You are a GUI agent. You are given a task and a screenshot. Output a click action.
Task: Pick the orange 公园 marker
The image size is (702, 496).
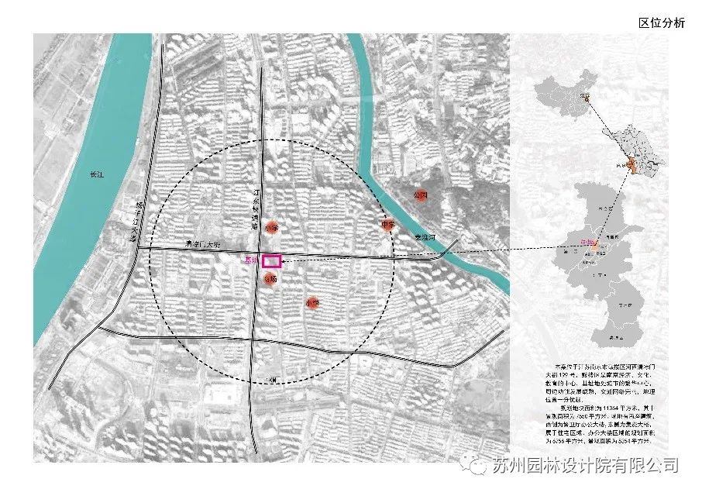(421, 195)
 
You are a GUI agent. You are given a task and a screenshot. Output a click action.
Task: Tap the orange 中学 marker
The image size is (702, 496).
(388, 226)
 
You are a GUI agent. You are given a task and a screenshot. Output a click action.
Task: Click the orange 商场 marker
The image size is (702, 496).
(270, 278)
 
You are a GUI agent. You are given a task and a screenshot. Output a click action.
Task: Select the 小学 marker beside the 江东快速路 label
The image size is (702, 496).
(270, 228)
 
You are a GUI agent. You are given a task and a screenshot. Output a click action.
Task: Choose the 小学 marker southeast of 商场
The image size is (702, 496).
(312, 303)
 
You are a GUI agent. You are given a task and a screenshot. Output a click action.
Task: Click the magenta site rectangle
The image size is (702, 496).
(272, 261)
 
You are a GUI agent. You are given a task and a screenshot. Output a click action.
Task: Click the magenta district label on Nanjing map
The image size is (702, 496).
(587, 243)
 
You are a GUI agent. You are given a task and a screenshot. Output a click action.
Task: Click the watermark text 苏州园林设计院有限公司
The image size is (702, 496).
(586, 465)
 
